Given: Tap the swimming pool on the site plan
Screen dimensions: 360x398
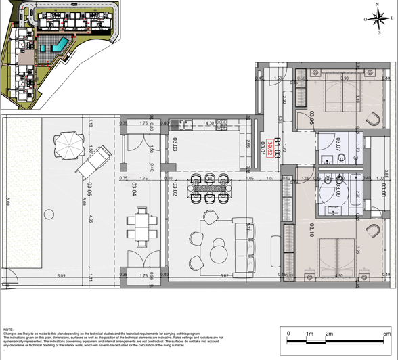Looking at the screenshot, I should point(60,45).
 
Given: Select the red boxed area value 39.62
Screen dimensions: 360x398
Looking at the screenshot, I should point(269,148).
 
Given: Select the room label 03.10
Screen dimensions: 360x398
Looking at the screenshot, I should point(312,231).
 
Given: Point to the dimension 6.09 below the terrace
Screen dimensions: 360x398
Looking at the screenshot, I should point(61,276).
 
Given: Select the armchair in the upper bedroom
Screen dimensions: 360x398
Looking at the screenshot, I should point(372,116).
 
